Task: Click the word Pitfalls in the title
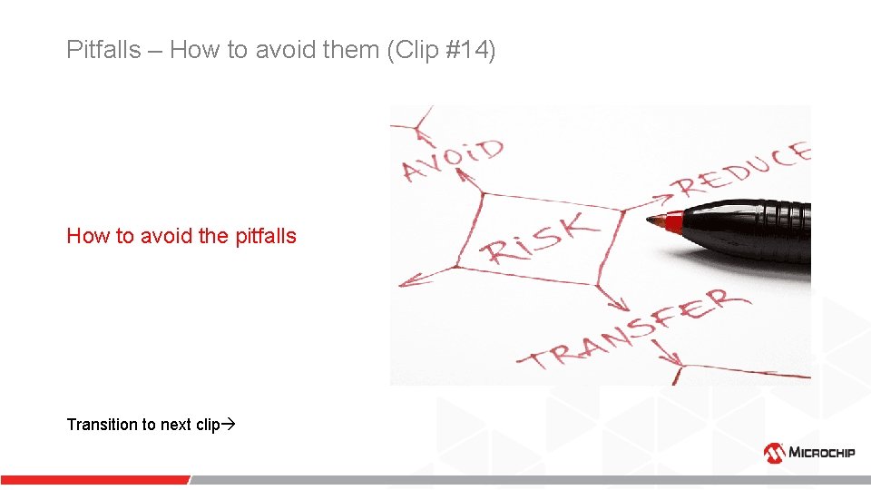coord(103,50)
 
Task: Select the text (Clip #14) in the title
coord(442,50)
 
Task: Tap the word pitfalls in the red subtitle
coord(265,236)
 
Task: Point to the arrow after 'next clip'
coord(229,425)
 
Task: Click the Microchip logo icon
coord(774,452)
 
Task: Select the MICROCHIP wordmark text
coord(822,453)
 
